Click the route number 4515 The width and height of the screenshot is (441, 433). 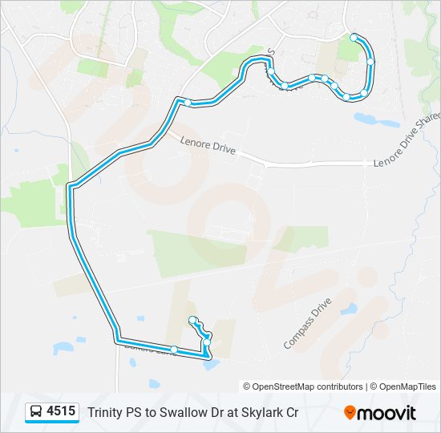(x=62, y=412)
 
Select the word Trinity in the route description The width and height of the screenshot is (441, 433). (x=105, y=413)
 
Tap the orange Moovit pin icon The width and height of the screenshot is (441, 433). (x=350, y=413)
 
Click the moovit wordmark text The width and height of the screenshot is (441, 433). (x=387, y=413)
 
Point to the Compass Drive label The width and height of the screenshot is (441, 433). (x=307, y=324)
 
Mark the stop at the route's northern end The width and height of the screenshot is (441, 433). (x=354, y=37)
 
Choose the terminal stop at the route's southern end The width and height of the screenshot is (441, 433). (x=192, y=321)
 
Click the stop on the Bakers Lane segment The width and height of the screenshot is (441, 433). (x=174, y=349)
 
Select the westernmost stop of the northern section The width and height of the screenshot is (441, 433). (x=188, y=102)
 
